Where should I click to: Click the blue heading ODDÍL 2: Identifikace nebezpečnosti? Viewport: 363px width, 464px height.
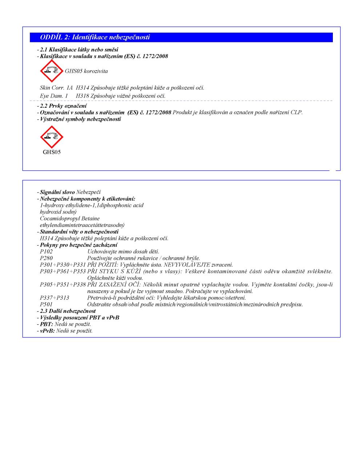(95, 37)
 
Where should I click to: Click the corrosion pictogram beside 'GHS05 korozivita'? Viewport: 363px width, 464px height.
(52, 71)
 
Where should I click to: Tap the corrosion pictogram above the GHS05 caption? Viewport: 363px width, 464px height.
(52, 137)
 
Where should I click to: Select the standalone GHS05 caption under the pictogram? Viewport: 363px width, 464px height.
(52, 152)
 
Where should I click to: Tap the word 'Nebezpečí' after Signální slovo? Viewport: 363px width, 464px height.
(88, 192)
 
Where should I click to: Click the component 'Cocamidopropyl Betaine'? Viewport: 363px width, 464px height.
(70, 219)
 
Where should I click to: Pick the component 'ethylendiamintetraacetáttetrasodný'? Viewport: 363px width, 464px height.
(82, 225)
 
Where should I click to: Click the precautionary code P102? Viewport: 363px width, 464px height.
(46, 252)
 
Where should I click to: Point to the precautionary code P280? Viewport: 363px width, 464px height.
(46, 258)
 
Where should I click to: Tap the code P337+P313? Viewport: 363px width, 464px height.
(55, 298)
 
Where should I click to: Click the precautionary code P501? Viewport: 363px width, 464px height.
(46, 304)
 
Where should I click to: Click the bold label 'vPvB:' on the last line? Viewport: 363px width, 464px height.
(47, 331)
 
